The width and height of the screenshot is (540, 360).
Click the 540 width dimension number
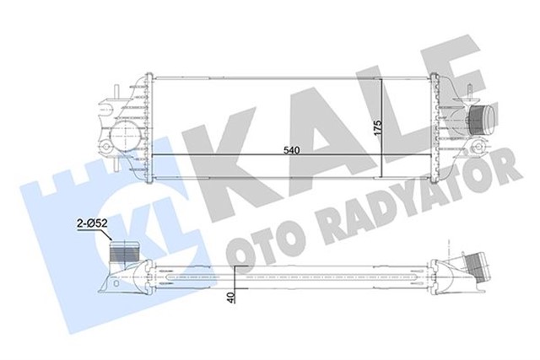tap(290, 150)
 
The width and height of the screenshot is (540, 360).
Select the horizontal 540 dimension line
tap(253, 155)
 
